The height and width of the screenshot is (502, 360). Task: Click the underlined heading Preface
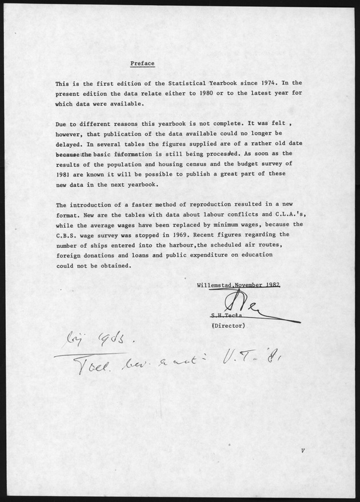click(142, 63)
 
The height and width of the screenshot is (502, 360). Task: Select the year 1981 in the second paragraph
click(64, 175)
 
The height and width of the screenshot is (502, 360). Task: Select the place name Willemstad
click(216, 284)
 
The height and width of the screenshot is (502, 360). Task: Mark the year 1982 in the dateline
click(271, 284)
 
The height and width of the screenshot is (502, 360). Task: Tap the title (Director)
click(229, 326)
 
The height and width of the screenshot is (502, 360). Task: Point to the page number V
click(302, 451)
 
